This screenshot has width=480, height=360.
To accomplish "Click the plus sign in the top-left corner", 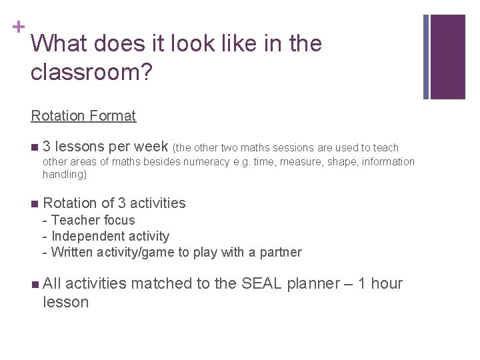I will tap(19, 27).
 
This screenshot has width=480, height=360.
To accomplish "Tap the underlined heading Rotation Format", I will tap(83, 115).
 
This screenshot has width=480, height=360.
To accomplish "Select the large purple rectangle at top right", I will tap(448, 57).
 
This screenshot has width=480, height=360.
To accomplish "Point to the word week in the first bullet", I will tap(151, 147).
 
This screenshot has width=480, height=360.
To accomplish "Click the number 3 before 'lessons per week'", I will tap(47, 147).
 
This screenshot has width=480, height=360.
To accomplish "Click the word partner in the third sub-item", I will tap(280, 252).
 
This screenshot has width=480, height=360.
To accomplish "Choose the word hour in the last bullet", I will tap(387, 283).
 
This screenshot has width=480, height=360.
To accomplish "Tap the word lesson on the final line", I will tap(65, 302).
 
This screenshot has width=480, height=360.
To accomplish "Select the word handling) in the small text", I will tap(65, 175).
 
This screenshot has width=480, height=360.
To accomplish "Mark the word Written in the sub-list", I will tap(73, 252).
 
